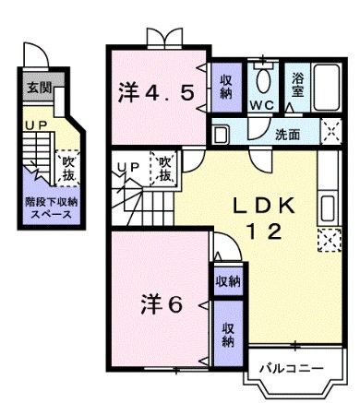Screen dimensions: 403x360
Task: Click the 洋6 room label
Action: (161, 302)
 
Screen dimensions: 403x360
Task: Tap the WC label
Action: (264, 105)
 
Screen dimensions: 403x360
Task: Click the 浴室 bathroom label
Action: (299, 86)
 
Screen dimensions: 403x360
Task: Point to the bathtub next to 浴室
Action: (327, 88)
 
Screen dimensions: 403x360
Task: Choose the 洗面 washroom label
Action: (287, 135)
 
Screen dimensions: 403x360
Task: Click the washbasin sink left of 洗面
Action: (221, 135)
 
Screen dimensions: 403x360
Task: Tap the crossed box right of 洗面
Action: (330, 132)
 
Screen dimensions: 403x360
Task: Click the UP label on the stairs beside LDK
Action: (128, 168)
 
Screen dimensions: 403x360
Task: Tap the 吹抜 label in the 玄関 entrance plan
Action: (68, 168)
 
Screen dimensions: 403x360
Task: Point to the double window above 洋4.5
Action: (159, 38)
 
